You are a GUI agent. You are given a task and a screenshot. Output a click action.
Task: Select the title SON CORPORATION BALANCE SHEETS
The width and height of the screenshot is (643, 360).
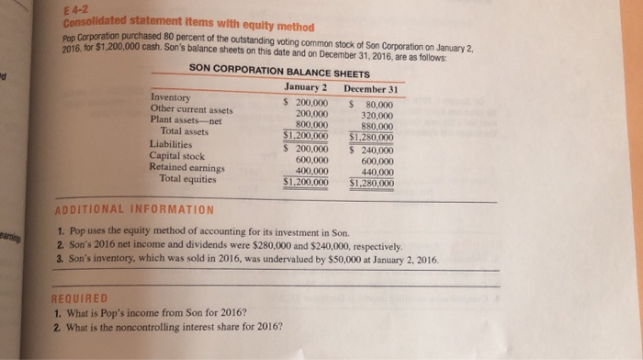279,73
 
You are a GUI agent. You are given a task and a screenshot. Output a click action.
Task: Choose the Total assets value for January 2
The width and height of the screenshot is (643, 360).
305,135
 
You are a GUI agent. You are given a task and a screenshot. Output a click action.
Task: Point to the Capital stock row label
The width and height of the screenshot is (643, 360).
176,155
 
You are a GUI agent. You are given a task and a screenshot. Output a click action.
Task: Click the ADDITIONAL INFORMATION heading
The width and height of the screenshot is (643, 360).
135,210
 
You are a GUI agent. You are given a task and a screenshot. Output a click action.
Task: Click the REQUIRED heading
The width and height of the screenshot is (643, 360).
81,298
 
